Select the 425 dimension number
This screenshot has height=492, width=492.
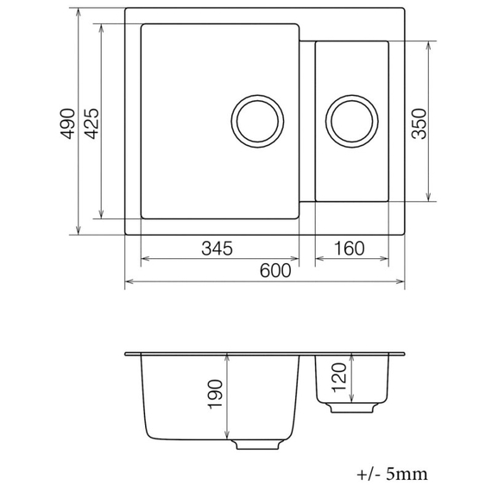(91, 123)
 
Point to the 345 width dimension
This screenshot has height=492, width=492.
(217, 249)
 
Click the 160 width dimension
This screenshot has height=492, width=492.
(349, 249)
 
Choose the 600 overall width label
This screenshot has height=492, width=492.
(274, 271)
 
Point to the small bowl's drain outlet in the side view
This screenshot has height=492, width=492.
(351, 406)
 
